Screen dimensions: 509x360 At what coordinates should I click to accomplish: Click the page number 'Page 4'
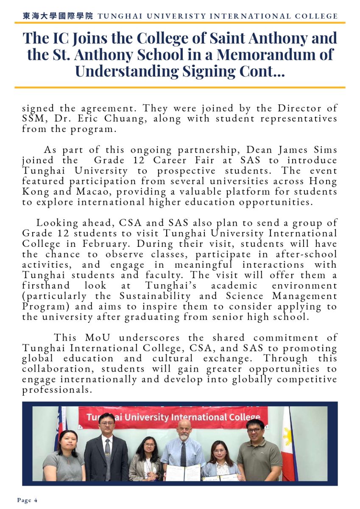[x=27, y=500]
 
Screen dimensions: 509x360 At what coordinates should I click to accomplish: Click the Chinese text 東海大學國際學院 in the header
[x=57, y=16]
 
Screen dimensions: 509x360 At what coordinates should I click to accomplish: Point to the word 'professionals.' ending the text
[x=57, y=389]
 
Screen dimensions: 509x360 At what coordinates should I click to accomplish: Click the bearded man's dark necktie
[x=183, y=453]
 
